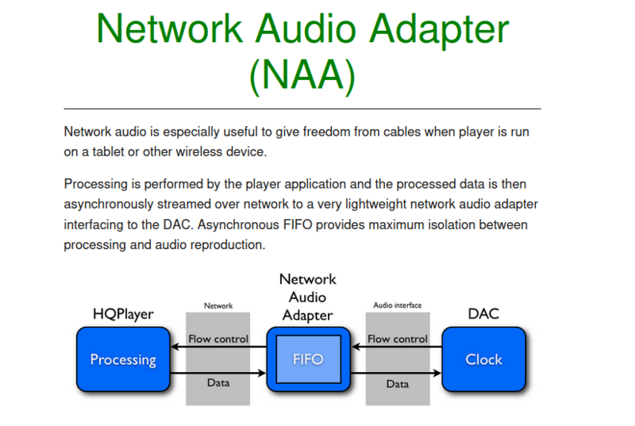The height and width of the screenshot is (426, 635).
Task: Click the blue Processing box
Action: (123, 359)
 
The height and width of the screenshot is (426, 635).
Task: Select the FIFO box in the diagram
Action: (307, 359)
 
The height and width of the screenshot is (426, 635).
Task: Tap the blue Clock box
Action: (483, 359)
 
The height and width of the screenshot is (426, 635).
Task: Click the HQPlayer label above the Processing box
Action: (122, 315)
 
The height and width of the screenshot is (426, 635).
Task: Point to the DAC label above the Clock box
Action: (483, 314)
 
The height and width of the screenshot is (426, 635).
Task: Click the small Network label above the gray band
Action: (218, 305)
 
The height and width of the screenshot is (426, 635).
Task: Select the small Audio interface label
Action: (397, 305)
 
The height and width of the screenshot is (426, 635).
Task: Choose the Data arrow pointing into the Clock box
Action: (397, 372)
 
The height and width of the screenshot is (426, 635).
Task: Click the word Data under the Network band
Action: (218, 383)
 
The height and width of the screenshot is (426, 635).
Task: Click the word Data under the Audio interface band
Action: (397, 384)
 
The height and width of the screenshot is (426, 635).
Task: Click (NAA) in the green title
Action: (301, 74)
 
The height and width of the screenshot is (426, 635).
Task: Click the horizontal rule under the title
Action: (302, 108)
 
